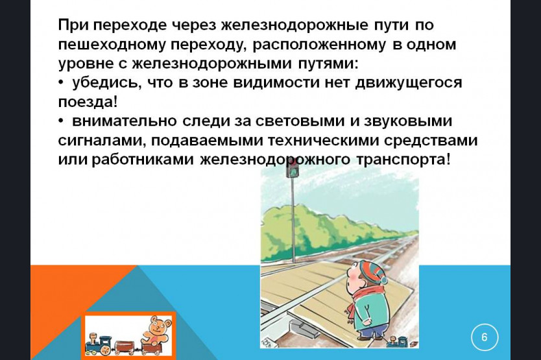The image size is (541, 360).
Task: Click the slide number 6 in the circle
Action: coord(485,337)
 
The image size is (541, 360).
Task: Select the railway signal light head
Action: coord(293,169)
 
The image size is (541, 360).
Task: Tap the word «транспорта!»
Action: coord(403,160)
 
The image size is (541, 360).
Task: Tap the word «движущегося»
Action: coord(409,83)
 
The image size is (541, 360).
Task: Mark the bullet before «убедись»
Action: coord(61,83)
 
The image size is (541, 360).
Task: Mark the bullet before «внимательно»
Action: coord(61,121)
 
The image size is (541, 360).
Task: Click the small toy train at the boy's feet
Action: coord(400,342)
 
